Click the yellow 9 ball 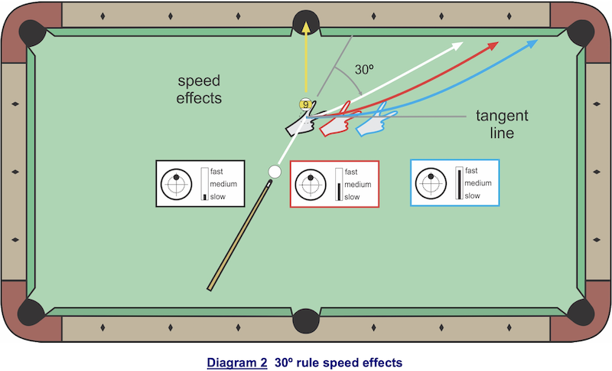click(305, 104)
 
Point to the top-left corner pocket click(34, 31)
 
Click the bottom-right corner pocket click(578, 312)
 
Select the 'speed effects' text click(199, 89)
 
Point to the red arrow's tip click(497, 43)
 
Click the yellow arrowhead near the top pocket click(306, 28)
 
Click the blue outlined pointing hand click(376, 123)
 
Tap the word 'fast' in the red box click(352, 172)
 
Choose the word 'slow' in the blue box click(473, 195)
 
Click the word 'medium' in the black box click(223, 184)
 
